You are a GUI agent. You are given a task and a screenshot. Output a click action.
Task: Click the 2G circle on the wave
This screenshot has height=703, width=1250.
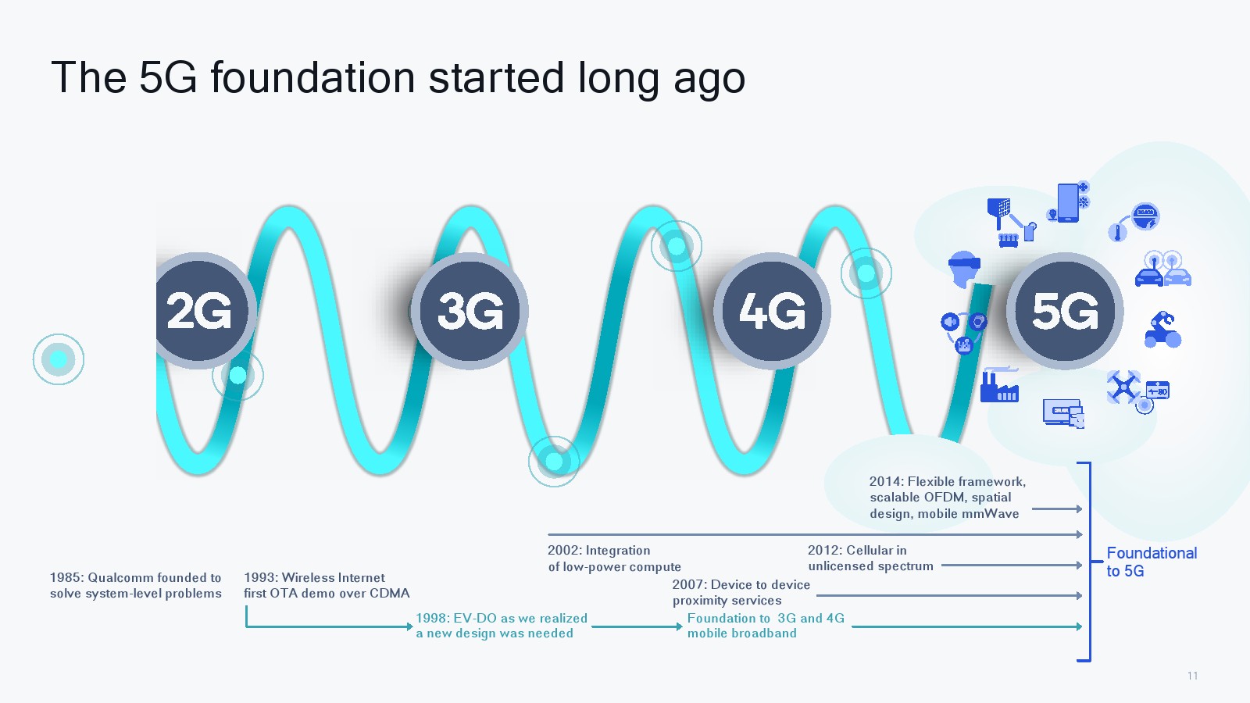tap(201, 311)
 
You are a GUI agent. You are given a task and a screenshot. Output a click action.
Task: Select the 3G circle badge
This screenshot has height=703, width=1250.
tap(470, 311)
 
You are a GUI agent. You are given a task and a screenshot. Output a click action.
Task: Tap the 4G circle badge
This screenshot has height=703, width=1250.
tap(773, 311)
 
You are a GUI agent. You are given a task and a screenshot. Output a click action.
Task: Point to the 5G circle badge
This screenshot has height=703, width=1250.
tap(1065, 311)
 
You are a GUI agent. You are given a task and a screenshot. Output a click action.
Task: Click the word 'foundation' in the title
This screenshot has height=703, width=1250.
tap(312, 77)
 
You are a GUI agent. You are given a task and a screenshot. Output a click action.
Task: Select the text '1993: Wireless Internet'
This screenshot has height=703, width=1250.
tap(314, 577)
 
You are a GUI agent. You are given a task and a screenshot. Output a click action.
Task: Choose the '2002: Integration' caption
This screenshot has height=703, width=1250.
tap(598, 550)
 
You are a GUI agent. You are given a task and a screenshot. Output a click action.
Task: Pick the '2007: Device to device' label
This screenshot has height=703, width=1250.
tap(741, 585)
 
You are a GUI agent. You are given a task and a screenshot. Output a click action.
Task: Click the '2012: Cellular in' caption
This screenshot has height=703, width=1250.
tap(857, 550)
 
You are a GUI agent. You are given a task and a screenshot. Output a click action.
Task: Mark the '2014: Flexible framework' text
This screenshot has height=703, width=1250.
tap(948, 481)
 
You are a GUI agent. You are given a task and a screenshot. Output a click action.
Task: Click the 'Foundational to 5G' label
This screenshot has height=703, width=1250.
tap(1152, 562)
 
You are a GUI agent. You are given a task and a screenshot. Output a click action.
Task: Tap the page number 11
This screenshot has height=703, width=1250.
tap(1192, 676)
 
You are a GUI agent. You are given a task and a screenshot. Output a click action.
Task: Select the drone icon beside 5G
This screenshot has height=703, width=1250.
tap(1123, 387)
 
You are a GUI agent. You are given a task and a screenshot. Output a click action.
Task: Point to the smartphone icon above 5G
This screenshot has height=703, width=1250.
tap(1068, 202)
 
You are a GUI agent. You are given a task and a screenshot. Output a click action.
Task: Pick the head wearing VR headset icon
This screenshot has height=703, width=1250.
tap(964, 269)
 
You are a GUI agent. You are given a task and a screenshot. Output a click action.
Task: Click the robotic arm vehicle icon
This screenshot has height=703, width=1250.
tap(1162, 330)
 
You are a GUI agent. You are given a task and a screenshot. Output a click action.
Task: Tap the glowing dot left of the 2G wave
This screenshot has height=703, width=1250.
tap(59, 359)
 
